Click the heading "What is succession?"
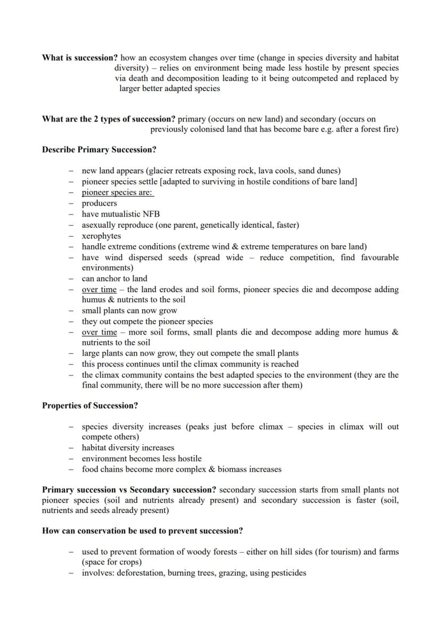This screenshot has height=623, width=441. point(80,57)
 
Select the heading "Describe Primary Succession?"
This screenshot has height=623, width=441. point(99,149)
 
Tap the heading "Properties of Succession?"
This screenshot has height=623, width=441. point(90,405)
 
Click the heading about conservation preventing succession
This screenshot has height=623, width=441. point(143,531)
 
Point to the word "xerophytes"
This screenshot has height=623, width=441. point(101,236)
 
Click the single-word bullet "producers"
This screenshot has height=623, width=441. point(99,203)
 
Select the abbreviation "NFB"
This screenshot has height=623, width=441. point(151,214)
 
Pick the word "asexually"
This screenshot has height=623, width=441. point(99,225)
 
